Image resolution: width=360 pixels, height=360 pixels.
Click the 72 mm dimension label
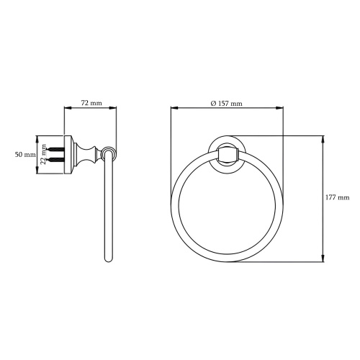(x=91, y=103)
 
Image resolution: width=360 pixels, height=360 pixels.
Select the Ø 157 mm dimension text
(x=227, y=104)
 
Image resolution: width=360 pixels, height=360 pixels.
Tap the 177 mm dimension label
(x=338, y=197)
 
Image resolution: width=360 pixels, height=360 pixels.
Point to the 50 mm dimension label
(x=25, y=154)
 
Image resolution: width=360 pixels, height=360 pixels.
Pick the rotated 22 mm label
(x=43, y=154)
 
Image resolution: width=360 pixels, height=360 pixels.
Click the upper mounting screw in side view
(x=55, y=149)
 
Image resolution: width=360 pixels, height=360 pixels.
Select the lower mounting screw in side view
(x=55, y=159)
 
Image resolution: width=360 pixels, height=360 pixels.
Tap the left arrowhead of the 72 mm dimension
(x=68, y=108)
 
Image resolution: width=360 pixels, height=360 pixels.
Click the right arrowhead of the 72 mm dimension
(x=113, y=108)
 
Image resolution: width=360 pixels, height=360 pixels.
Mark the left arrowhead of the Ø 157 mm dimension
(x=174, y=108)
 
